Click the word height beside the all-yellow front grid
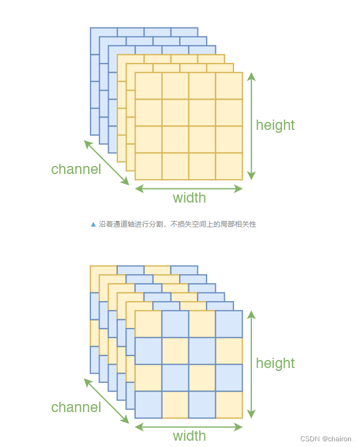pos(275,125)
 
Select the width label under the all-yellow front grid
pos(189,198)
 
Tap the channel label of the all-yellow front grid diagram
pos(76,169)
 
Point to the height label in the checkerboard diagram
pos(275,363)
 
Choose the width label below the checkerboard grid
pos(189,436)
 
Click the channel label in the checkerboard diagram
pos(76,408)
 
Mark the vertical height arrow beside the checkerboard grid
pos(251,364)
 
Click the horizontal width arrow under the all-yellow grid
pos(189,188)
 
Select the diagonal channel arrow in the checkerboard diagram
pos(106,401)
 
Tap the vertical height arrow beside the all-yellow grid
pos(251,126)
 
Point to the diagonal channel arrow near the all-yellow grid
pos(106,163)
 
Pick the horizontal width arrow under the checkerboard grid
pos(189,426)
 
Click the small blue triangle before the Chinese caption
pos(93,224)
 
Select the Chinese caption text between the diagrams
pos(177,224)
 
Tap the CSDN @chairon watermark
pos(326,439)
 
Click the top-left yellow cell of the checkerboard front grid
pos(148,324)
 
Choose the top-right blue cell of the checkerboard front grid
pos(229,324)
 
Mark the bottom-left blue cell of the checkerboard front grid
pos(148,405)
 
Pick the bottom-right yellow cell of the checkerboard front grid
pos(229,405)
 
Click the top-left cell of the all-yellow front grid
pos(148,86)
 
